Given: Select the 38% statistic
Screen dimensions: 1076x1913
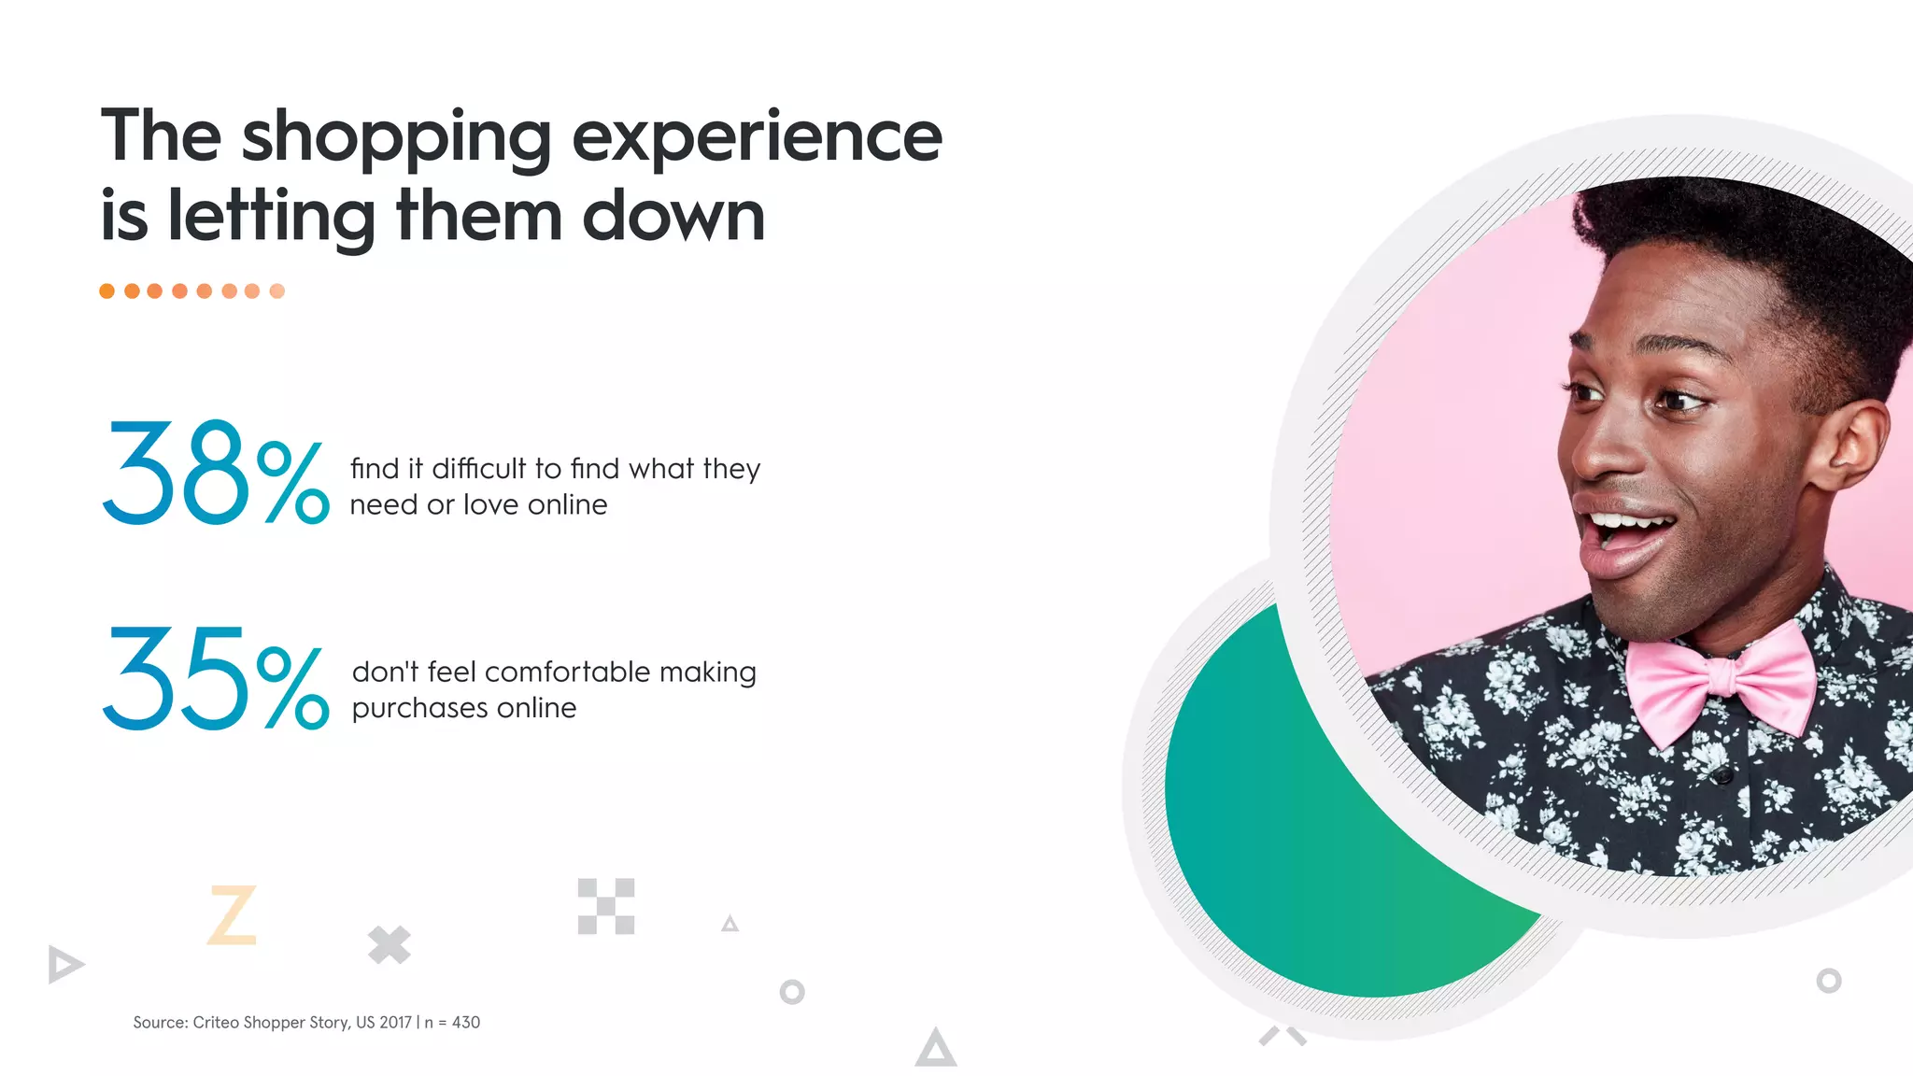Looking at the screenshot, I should coord(215,473).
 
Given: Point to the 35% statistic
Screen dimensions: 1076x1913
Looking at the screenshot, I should coord(215,678).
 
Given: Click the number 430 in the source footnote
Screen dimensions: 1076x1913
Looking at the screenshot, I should coord(466,1023).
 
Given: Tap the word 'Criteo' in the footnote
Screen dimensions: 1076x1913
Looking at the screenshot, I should coord(216,1023).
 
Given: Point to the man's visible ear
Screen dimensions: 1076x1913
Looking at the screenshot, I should coord(1854,439).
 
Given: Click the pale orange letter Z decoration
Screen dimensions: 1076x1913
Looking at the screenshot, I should coord(232,914).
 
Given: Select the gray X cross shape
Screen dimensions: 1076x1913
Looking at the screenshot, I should coord(389,944).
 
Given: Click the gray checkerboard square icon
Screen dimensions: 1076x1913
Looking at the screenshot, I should coord(606,906).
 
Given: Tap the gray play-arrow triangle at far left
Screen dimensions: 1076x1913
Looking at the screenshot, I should coord(64,964).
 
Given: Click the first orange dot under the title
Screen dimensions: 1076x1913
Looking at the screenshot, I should coord(107,291).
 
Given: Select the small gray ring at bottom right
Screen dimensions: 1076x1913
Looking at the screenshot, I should coord(1828,981).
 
